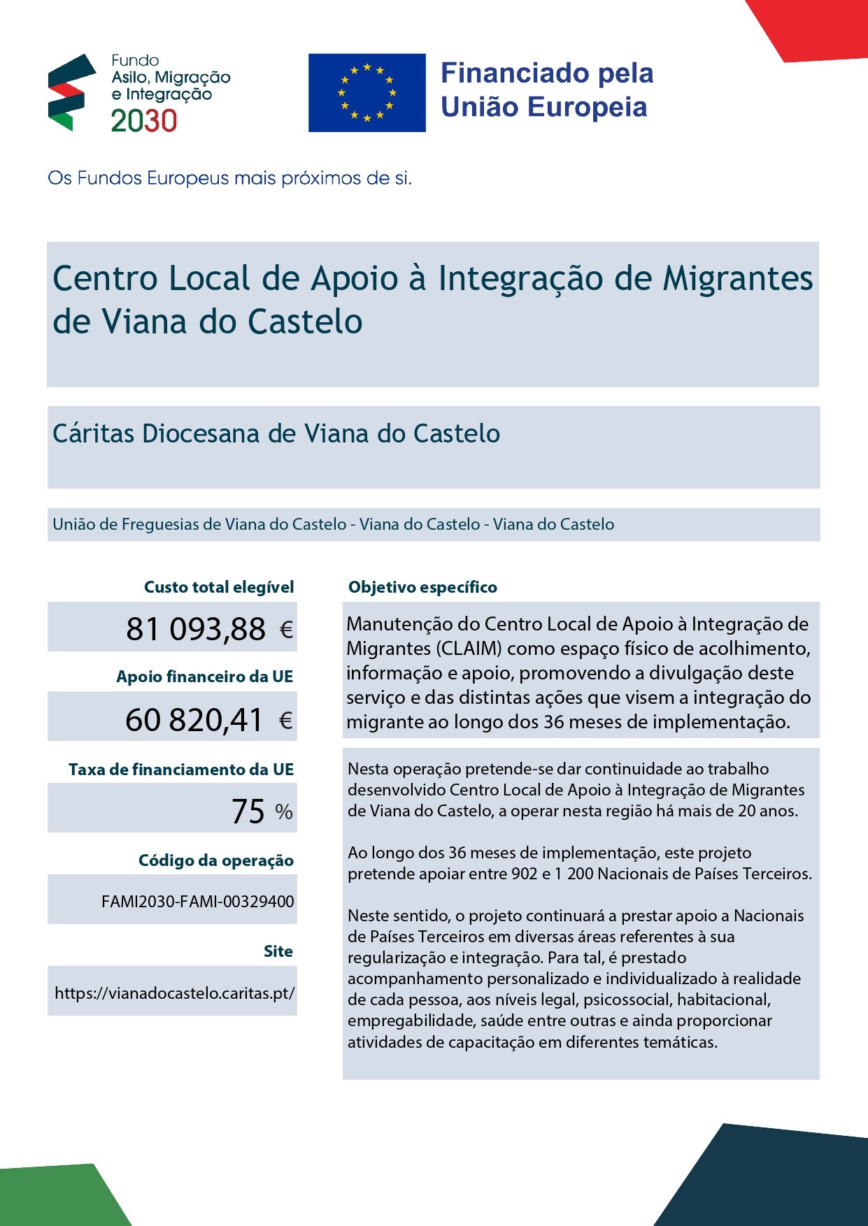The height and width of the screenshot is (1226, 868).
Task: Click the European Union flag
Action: click(367, 92)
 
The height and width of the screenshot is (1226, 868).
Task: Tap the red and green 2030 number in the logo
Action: click(144, 122)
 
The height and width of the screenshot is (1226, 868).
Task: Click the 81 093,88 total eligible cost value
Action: click(196, 629)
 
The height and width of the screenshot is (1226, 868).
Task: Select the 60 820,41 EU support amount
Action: click(194, 720)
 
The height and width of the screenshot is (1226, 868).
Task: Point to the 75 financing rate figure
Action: click(248, 811)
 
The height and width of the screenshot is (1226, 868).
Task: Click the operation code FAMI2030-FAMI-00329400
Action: click(197, 902)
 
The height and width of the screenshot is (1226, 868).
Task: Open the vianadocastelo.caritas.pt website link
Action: click(174, 993)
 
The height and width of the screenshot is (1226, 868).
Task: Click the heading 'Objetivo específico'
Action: click(422, 587)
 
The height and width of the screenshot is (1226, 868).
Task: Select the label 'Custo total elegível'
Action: click(218, 587)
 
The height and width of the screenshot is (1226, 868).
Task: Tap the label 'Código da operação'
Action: click(215, 860)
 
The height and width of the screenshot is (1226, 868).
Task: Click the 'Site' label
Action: click(278, 951)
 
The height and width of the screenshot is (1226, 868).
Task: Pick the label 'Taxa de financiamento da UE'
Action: click(180, 770)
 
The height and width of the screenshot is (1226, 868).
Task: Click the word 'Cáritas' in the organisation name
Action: click(93, 433)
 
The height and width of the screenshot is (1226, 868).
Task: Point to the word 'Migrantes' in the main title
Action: click(738, 278)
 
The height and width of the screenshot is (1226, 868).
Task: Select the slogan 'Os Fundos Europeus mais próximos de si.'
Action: click(229, 178)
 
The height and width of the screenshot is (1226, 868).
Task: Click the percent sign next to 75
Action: click(283, 812)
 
